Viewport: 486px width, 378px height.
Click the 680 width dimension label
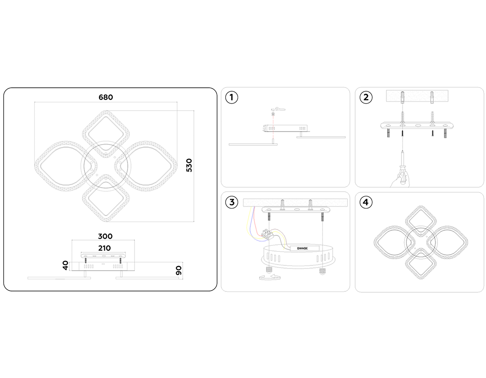106,97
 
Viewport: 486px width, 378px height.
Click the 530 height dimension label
189,165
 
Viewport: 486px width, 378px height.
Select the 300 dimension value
105,236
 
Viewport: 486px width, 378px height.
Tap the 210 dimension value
104,248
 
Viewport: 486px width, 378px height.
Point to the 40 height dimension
65,265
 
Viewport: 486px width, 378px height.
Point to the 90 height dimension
179,270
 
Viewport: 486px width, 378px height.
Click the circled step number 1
231,97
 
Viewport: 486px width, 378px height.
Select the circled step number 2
366,97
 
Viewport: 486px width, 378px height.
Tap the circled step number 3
231,202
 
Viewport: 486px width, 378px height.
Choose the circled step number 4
366,202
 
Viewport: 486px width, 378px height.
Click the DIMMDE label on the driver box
302,248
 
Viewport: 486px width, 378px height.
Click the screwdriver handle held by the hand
402,178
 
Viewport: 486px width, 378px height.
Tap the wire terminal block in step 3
268,234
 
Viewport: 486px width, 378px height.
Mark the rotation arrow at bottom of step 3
270,277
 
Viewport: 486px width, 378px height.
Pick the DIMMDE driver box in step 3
305,248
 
